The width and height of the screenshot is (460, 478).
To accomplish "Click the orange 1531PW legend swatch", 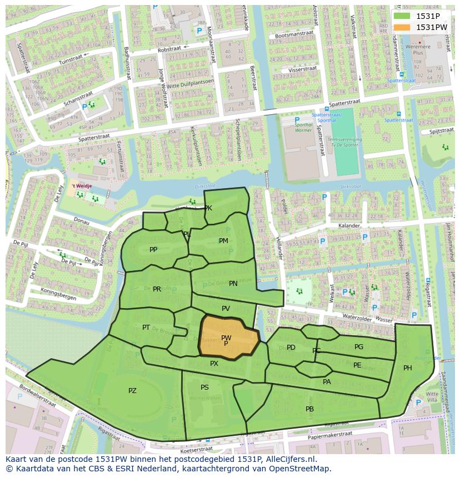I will (403, 27).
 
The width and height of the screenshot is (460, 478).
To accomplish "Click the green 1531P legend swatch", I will (403, 16).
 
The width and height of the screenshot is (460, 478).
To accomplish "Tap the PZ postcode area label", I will (132, 391).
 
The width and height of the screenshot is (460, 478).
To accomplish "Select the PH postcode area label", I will (408, 368).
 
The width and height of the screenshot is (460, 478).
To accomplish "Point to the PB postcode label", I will (309, 409).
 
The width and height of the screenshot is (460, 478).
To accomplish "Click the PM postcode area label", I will (223, 241).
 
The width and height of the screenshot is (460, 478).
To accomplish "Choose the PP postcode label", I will (153, 250).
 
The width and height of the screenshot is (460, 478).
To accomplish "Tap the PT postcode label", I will (146, 328).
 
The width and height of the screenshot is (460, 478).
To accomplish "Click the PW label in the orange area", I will (226, 338).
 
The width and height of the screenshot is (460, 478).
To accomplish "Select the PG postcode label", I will (359, 347).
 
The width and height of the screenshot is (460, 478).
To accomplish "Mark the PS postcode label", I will (204, 388).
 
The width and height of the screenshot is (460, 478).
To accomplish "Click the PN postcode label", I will (233, 284).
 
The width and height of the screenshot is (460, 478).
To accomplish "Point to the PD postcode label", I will (291, 348).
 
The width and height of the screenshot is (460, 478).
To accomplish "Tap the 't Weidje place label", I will (81, 187).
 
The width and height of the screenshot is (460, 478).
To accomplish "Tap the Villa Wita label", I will (432, 397).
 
